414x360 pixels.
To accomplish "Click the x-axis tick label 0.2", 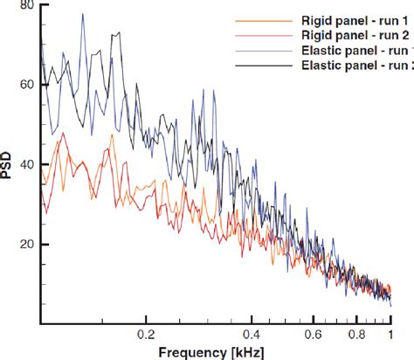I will (145, 335).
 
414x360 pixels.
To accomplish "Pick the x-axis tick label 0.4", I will (252, 335).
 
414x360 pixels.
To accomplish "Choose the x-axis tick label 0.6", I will (314, 335).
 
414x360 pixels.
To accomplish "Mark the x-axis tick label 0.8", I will (356, 335).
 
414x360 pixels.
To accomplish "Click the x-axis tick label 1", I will (390, 335).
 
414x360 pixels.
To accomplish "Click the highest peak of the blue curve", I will (82, 14).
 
